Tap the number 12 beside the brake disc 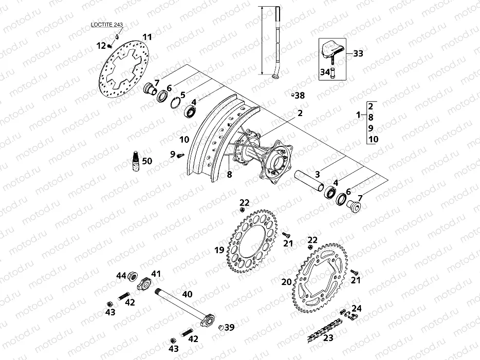[101, 46]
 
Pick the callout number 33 [358, 53]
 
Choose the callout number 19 [219, 250]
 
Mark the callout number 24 [356, 309]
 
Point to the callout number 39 [229, 327]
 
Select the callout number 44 [121, 276]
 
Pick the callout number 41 [156, 274]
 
